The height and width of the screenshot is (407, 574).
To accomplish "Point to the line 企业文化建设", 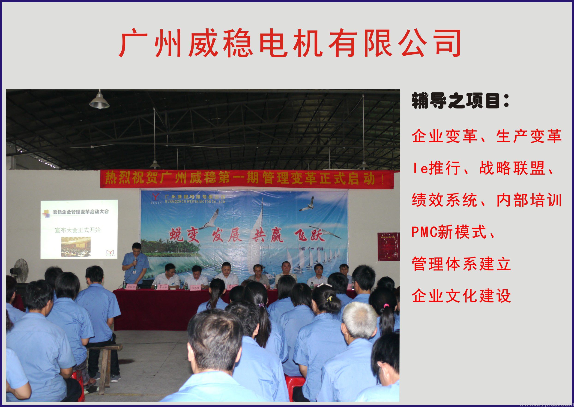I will click(x=461, y=296).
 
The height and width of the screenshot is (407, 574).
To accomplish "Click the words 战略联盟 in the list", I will click(x=512, y=168).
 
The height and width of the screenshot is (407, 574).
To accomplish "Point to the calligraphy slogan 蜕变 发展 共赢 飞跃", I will click(x=247, y=235).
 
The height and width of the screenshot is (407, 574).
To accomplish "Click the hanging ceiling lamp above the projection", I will click(x=99, y=101).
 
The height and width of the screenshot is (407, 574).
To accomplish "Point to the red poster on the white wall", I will click(x=388, y=247).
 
